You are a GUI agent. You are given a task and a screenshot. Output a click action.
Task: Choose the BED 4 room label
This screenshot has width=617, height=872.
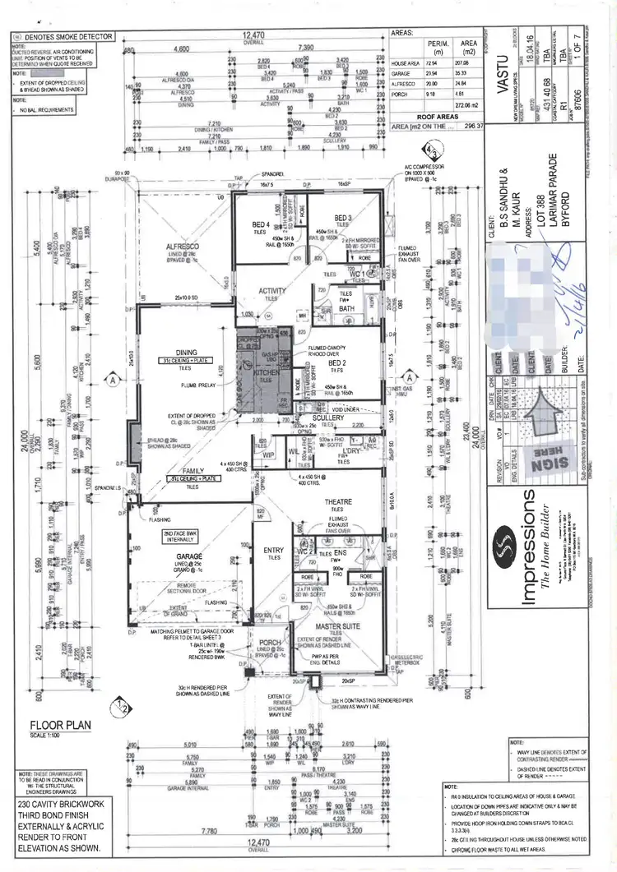261,224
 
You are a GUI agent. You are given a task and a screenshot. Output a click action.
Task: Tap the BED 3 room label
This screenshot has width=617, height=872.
344,217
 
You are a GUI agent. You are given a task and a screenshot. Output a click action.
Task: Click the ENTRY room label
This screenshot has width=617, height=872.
272,550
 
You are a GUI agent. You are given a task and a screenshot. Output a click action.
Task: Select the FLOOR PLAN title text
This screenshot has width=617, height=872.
61,726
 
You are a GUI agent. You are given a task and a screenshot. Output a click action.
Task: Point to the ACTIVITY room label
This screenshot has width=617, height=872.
272,290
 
